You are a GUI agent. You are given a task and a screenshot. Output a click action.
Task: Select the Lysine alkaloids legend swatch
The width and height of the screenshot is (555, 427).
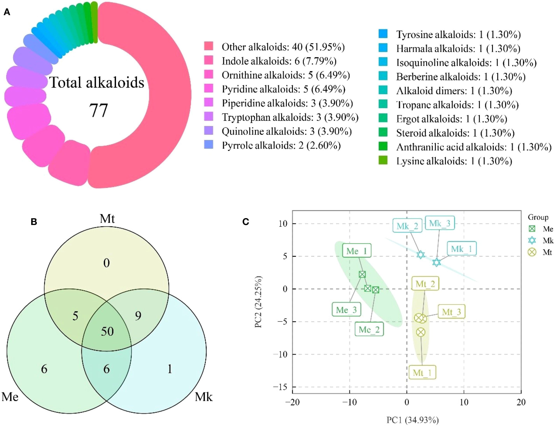(x=383, y=160)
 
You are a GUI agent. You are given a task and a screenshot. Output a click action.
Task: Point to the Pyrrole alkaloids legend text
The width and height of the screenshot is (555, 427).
(x=281, y=145)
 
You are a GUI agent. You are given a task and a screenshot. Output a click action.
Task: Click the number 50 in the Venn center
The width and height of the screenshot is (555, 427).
(x=107, y=331)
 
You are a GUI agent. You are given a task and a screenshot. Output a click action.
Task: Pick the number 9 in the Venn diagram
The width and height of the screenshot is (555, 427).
(x=138, y=316)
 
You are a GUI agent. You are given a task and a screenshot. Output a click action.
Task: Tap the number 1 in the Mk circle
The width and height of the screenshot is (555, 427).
(x=170, y=369)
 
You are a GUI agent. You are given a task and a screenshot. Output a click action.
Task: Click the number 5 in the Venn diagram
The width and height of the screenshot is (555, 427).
(x=75, y=316)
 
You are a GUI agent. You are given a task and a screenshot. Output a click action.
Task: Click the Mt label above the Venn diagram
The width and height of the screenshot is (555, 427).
(x=107, y=219)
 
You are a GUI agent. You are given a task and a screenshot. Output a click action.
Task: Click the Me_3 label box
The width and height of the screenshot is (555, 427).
(x=346, y=310)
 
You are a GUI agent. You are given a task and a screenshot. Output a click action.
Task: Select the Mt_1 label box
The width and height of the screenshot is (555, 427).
(x=422, y=373)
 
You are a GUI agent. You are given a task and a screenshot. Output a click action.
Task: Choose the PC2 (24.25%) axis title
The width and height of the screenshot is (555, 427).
(x=259, y=302)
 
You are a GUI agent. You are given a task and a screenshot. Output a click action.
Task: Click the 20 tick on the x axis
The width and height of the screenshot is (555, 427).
(x=521, y=402)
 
